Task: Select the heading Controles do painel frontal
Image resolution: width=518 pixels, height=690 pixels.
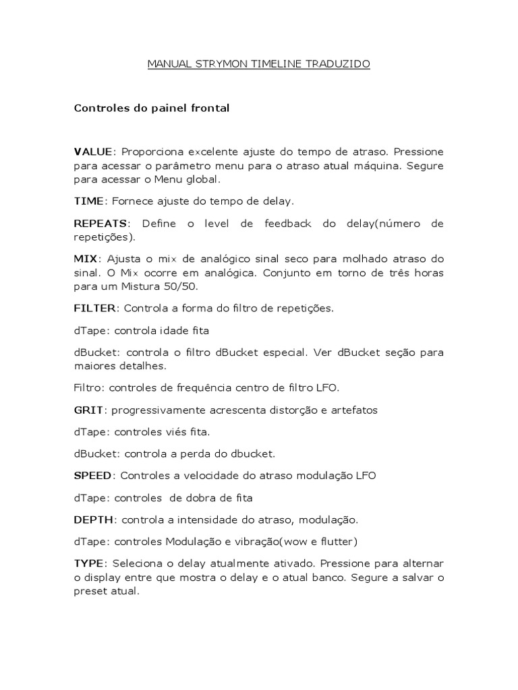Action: coord(152,108)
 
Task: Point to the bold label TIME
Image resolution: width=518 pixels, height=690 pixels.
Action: coord(88,201)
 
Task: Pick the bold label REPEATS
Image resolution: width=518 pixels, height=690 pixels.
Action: coord(99,223)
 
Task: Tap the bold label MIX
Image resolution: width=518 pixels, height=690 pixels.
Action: coord(85,259)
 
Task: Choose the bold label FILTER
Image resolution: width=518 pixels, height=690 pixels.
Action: coord(95,309)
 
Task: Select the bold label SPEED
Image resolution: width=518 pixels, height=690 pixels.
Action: coord(92,476)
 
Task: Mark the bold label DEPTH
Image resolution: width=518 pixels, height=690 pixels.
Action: coord(94,520)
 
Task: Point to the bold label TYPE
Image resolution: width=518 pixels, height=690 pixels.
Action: coord(89,563)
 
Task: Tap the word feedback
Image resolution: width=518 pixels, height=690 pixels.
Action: coord(283,223)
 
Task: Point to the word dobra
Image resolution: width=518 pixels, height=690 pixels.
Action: coord(201,498)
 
